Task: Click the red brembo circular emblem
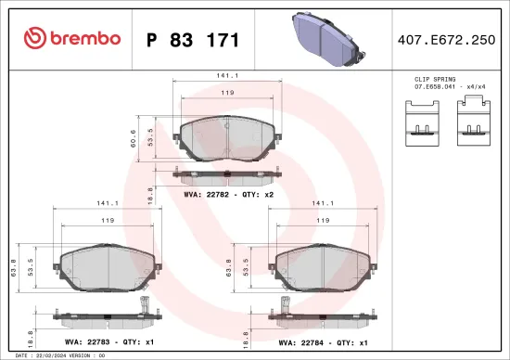coord(36,39)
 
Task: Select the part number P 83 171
coord(193,40)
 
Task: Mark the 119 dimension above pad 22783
coord(108,221)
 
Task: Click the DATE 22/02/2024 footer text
coord(56,355)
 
